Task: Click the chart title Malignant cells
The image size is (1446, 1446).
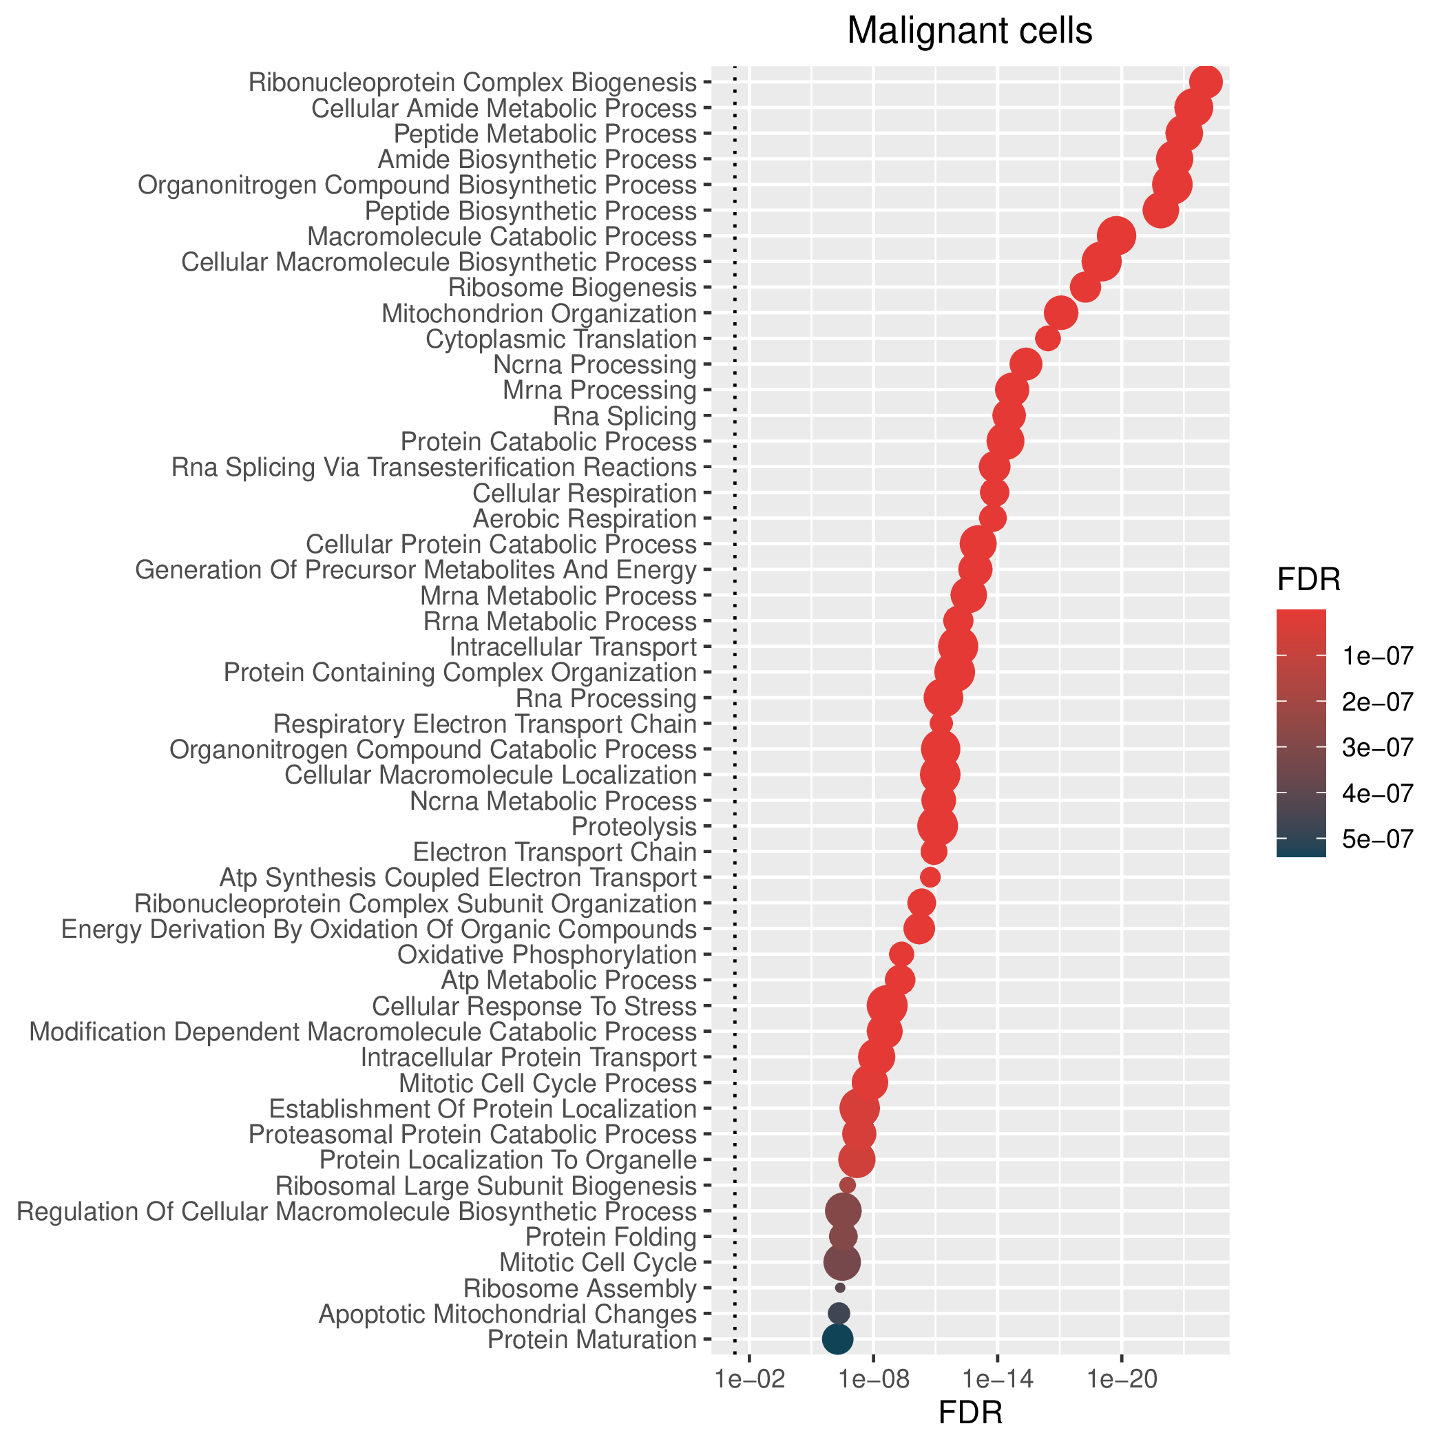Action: [970, 32]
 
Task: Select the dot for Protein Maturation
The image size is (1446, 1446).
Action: [837, 1339]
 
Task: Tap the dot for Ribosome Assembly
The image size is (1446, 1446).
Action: [840, 1288]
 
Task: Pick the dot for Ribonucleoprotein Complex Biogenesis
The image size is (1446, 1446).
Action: [1206, 81]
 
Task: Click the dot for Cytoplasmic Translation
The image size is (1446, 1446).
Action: [1048, 339]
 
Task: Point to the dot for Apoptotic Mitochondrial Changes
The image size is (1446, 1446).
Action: [839, 1313]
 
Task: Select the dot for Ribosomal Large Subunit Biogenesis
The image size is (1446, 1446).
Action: [847, 1185]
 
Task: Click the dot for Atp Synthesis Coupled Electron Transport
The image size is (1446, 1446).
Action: [930, 877]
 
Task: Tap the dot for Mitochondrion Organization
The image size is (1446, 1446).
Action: [1060, 313]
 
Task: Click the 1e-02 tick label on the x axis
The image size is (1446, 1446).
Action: [750, 1379]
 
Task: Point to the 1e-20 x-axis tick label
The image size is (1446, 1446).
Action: [1122, 1379]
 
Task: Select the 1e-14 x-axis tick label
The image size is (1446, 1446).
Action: [998, 1379]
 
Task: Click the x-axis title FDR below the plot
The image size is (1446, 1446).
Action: [970, 1413]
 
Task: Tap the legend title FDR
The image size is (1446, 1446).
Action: [1309, 579]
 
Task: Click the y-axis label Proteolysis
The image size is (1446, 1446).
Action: [634, 826]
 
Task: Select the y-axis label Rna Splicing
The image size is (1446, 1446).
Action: [625, 416]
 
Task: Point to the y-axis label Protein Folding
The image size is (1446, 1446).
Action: [611, 1237]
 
